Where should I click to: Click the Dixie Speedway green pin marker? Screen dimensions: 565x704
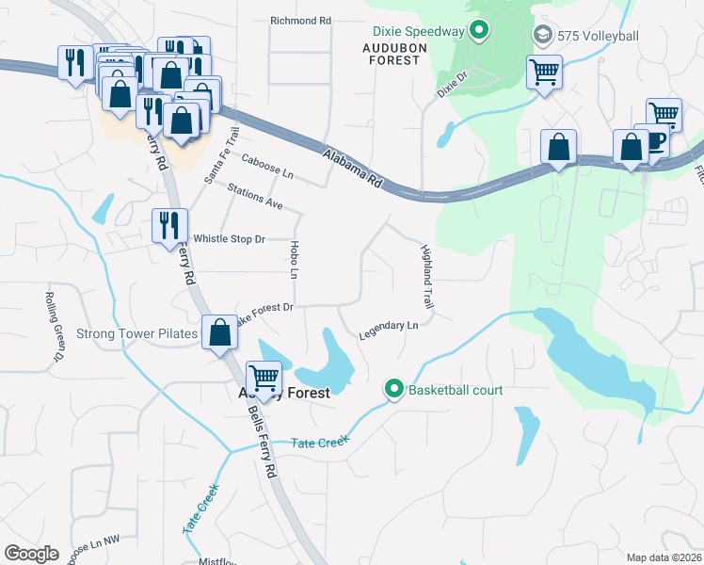[479, 32]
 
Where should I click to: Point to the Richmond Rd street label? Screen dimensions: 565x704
[301, 20]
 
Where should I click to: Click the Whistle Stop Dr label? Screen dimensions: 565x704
[229, 239]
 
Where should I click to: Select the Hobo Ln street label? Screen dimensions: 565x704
[294, 259]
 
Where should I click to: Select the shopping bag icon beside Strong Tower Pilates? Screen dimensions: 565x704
[219, 332]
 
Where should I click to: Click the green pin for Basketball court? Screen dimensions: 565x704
[394, 389]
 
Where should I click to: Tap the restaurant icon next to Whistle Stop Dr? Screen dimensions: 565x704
[169, 226]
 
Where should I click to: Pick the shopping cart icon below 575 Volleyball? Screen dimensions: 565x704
[545, 72]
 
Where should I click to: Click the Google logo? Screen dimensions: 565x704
[31, 554]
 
